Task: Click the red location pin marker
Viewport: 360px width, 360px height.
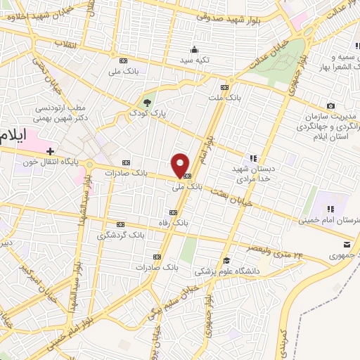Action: click(x=181, y=165)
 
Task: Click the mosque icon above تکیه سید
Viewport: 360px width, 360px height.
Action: click(x=195, y=49)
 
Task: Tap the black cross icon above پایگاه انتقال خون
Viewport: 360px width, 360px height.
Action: click(x=51, y=150)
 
